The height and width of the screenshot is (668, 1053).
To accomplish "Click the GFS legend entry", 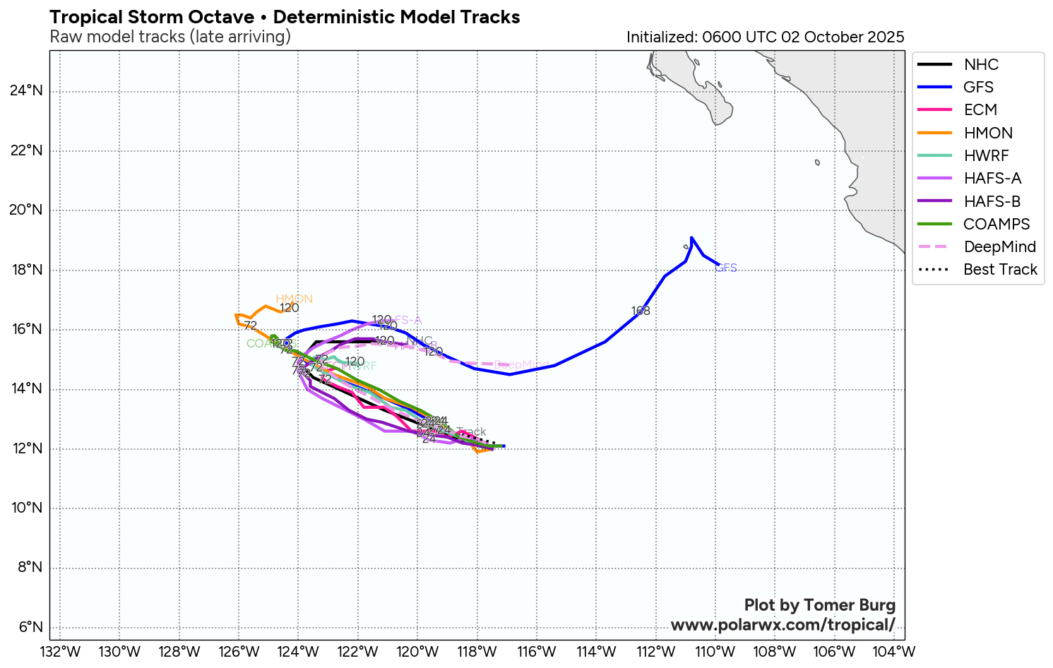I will coord(978,87).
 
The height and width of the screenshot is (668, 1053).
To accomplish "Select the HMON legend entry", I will coord(988,133).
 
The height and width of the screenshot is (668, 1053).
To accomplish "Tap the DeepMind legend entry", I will coord(999,246).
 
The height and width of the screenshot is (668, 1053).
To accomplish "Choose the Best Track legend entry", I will coord(1000,269).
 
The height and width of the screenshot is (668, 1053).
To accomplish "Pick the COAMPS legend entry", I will coord(997,224).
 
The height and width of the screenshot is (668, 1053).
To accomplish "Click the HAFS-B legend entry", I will coord(992,201).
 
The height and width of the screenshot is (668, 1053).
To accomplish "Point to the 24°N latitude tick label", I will coord(26,91).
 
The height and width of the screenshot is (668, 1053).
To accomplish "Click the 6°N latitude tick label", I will coord(30,627).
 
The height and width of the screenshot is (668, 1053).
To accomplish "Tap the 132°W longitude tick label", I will coord(59,651).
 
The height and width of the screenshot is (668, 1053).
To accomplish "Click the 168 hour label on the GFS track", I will coord(641,311).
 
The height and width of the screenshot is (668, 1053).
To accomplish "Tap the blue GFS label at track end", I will coord(726,268).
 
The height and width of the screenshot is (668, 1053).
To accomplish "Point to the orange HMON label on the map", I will coord(294,299).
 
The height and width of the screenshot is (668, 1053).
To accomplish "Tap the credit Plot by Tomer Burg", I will coord(819,605).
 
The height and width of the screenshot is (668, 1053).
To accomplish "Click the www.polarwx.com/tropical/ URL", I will coord(783,625).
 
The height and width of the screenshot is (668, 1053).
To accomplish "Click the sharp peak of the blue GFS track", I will coord(691,237).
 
